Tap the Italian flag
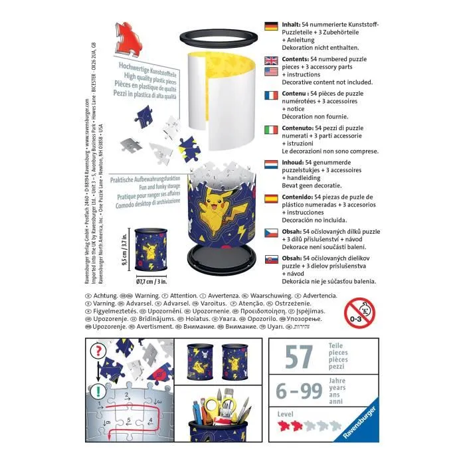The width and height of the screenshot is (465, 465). (271, 129)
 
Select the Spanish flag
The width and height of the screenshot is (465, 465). (271, 198)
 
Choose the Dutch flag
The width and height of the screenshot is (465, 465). (271, 163)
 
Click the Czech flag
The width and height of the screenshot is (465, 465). (271, 232)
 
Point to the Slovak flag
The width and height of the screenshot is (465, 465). (271, 260)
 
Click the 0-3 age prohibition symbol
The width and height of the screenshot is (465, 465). (361, 312)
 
